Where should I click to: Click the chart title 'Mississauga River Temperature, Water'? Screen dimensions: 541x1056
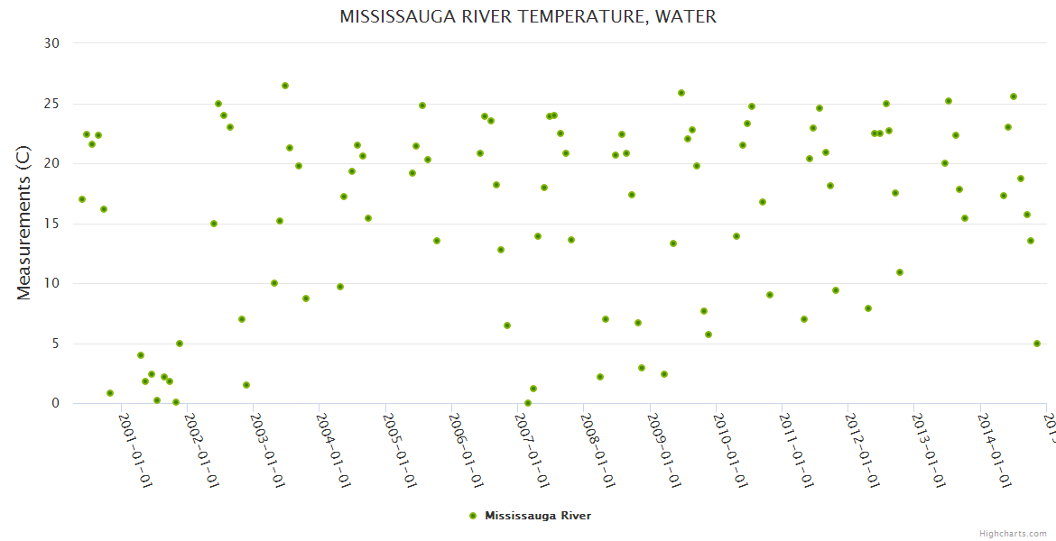[528, 16]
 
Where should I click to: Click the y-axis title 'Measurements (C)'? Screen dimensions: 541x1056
[24, 223]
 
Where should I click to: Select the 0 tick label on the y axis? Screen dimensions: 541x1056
[55, 404]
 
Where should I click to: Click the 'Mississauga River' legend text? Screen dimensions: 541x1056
[538, 516]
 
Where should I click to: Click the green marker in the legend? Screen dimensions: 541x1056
[472, 516]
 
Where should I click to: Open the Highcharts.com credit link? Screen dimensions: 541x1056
[1013, 533]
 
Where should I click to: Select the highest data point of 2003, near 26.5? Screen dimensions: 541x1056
[285, 86]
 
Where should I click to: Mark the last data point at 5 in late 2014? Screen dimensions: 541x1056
[1037, 344]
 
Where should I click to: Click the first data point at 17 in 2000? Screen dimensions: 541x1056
[82, 199]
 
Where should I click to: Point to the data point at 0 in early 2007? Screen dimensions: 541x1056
[528, 403]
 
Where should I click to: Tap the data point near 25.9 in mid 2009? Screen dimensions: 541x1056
[681, 93]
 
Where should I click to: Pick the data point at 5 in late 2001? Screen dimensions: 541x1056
[180, 344]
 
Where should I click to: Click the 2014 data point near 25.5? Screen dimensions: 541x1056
[1014, 96]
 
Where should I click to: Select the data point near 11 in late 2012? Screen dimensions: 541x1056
[900, 272]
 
